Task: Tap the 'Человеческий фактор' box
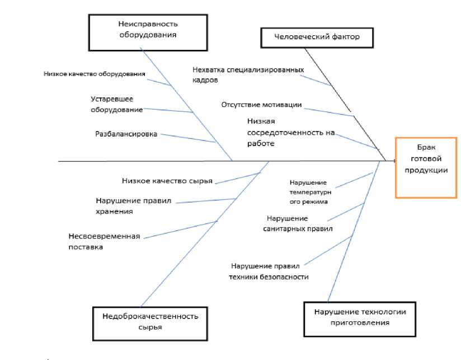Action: pos(317,38)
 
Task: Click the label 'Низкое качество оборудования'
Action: pos(95,73)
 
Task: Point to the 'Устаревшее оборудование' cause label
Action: pos(116,104)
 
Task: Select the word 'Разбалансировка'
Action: pos(126,134)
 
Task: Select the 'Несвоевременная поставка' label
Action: pos(104,241)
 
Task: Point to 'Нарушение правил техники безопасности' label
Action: pos(269,271)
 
